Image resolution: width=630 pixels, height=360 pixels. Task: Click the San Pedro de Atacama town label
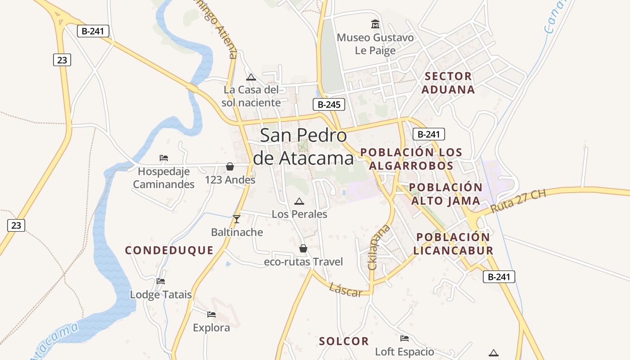(303, 147)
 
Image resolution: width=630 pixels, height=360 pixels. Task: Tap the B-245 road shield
(329, 104)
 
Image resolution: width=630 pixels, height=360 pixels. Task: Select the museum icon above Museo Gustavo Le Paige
(375, 23)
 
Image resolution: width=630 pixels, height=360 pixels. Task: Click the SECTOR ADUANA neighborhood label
(448, 83)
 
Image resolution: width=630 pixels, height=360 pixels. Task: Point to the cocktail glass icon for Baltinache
(237, 219)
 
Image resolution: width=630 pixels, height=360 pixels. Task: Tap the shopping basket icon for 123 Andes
(230, 167)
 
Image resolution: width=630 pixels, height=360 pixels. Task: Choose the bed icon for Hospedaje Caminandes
(164, 158)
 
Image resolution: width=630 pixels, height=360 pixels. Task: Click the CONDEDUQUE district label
(169, 251)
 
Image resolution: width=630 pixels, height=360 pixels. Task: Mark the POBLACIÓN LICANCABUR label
(453, 244)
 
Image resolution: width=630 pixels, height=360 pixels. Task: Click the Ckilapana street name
(378, 247)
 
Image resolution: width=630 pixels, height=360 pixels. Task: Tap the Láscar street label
(346, 290)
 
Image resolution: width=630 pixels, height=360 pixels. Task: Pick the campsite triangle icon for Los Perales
(299, 201)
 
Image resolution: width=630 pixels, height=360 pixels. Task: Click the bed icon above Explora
(211, 314)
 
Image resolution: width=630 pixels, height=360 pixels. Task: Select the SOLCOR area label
(344, 342)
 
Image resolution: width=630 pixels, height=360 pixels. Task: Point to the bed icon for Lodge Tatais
(161, 281)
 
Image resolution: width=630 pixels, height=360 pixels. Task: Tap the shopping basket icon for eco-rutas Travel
(303, 248)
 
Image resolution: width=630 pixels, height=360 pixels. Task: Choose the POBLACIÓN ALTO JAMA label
(445, 194)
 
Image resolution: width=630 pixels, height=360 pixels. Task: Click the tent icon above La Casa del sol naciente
(251, 77)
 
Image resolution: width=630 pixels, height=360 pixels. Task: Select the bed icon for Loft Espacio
(405, 338)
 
